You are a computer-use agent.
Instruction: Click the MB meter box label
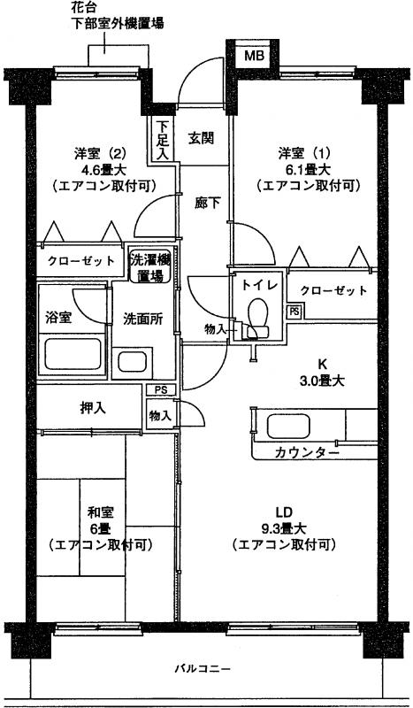tap(253, 56)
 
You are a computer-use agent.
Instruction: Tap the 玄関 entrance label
tap(201, 138)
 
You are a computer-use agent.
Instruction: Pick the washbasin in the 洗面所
tap(133, 362)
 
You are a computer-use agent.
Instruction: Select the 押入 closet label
tap(93, 408)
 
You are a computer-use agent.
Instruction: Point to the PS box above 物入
tap(159, 389)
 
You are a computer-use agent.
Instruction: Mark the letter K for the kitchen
tap(322, 364)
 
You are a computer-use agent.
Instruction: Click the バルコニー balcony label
tap(203, 668)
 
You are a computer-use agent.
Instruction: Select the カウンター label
tap(307, 453)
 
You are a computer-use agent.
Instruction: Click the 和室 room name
tap(100, 512)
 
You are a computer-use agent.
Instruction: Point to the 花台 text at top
tap(84, 7)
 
